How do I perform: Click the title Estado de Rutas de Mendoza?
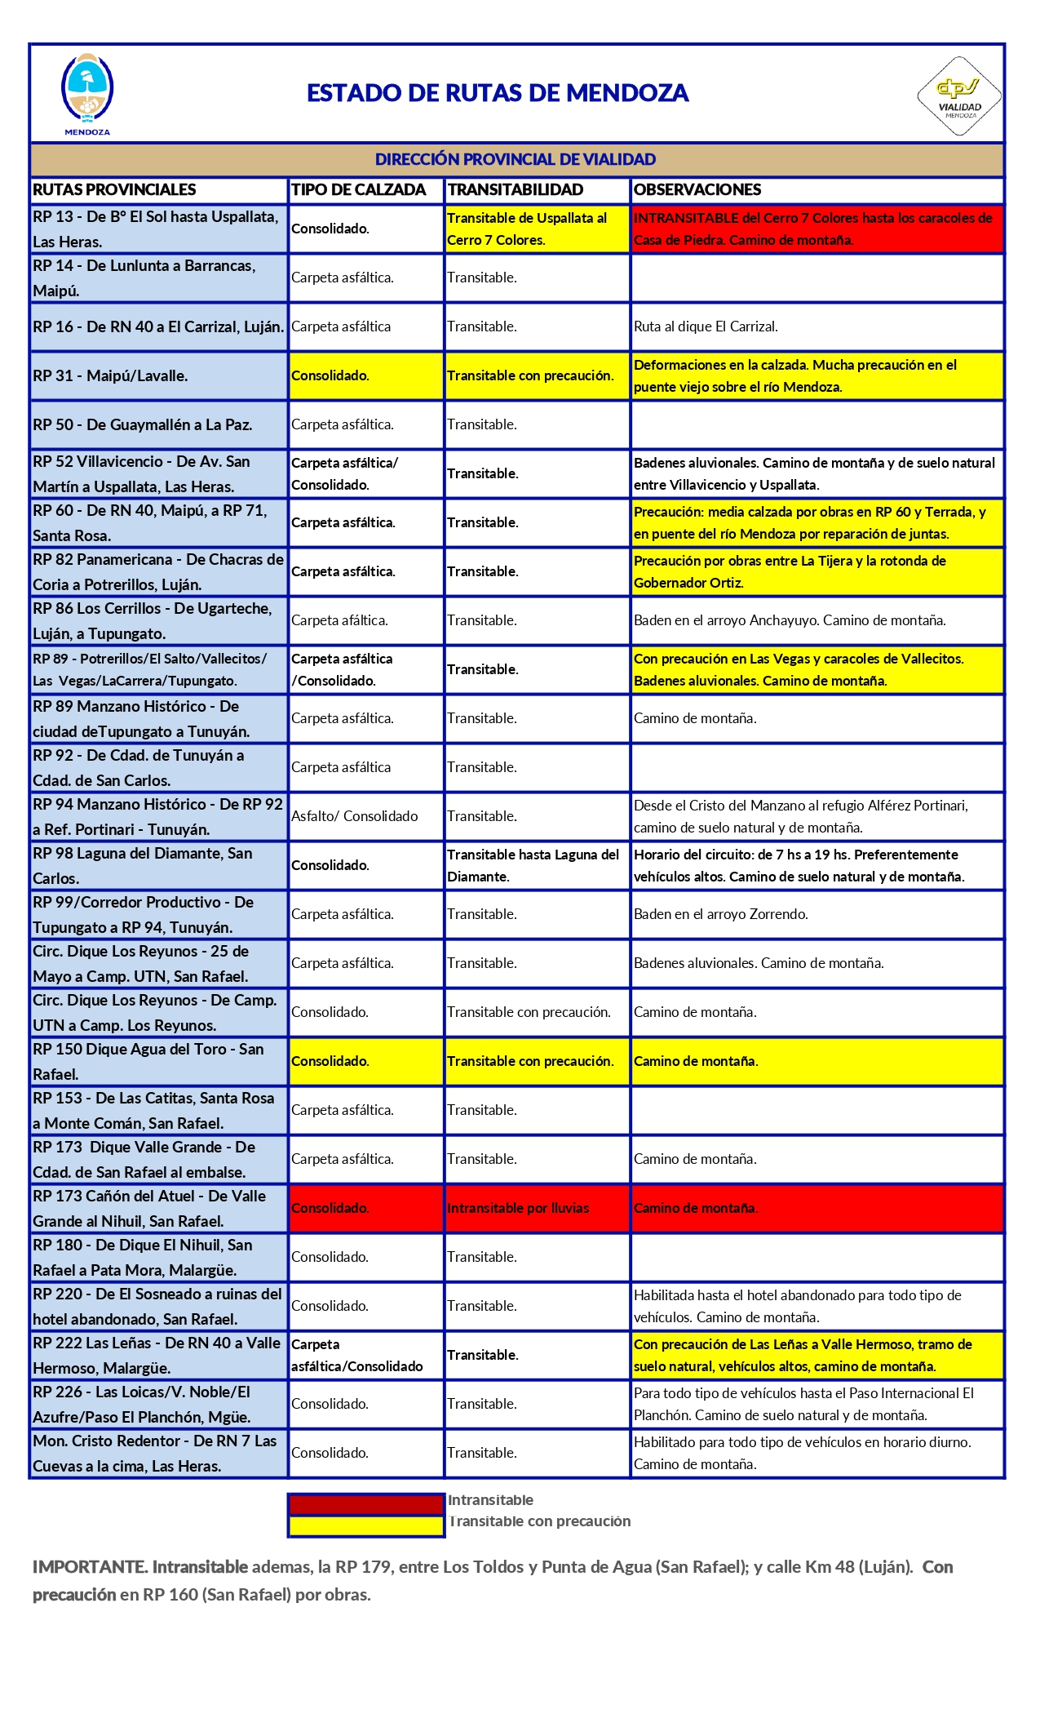click(x=498, y=93)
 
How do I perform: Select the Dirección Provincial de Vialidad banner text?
click(x=516, y=159)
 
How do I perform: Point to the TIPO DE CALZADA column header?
click(x=359, y=189)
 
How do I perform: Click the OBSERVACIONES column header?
click(x=697, y=189)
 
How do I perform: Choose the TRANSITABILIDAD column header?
click(x=516, y=189)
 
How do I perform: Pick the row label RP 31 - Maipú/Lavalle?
click(x=110, y=375)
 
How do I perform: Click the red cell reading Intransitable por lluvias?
click(x=518, y=1208)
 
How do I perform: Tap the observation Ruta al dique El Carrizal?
click(x=706, y=326)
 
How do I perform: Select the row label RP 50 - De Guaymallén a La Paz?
click(x=143, y=424)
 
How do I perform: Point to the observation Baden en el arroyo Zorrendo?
click(x=721, y=914)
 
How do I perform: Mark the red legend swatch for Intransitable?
click(x=365, y=1504)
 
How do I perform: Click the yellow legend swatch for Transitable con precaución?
click(x=365, y=1525)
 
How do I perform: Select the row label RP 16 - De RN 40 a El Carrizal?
click(x=158, y=326)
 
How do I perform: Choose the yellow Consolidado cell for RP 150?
click(x=330, y=1061)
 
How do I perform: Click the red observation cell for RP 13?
click(x=816, y=229)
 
